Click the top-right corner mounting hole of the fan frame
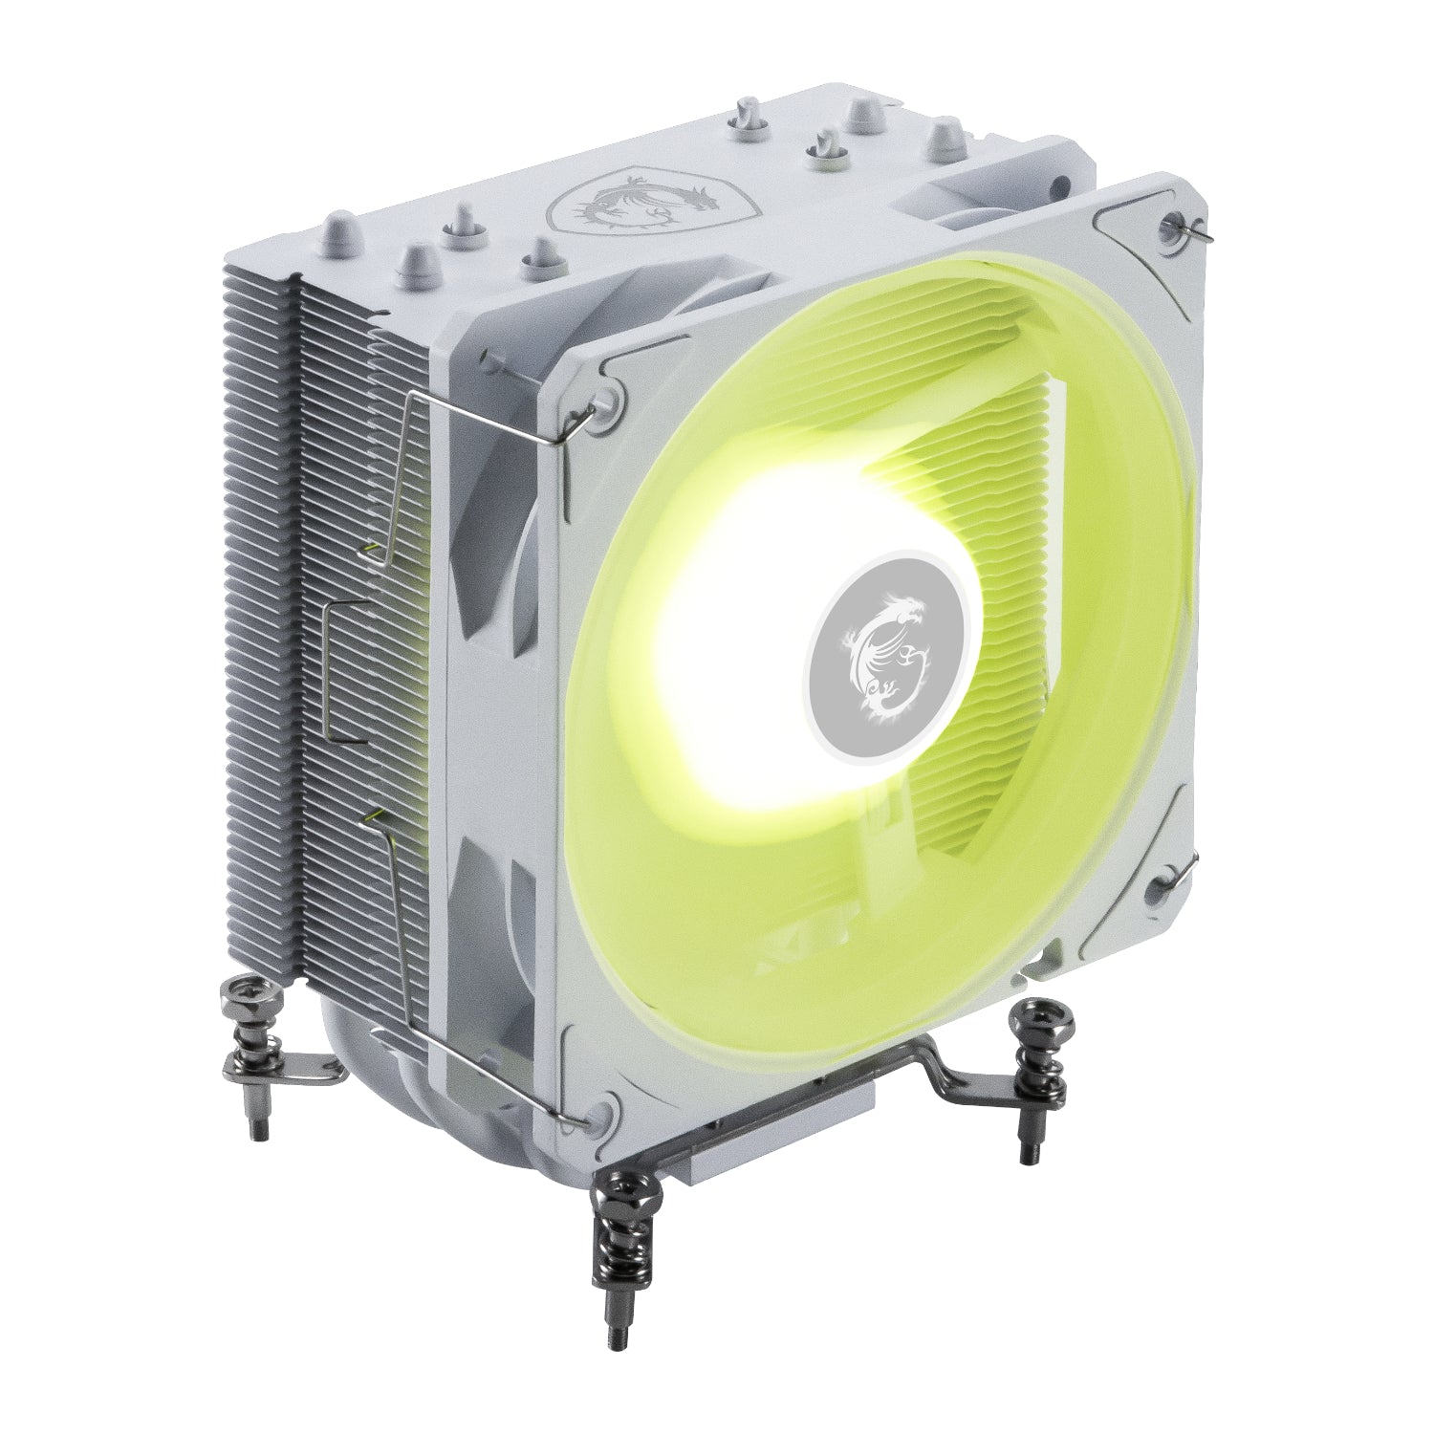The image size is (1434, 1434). [1174, 224]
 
